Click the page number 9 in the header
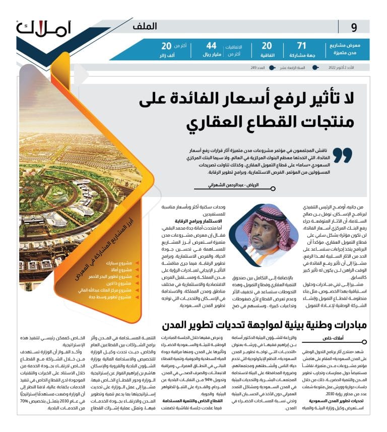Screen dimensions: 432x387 click(354, 27)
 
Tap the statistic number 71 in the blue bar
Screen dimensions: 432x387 click(301, 46)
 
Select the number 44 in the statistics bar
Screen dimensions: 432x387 click(212, 46)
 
